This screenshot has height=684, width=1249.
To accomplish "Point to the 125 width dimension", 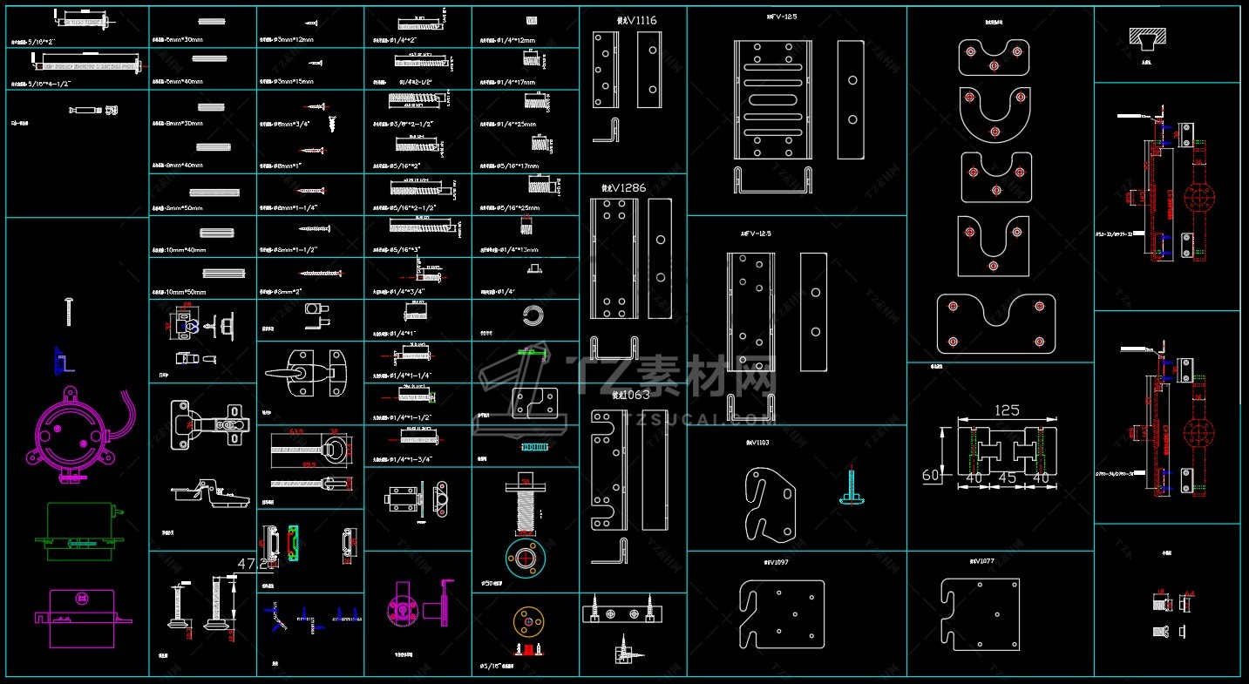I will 1007,410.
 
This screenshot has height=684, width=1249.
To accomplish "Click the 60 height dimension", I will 932,475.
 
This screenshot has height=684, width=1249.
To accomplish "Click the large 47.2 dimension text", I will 253,565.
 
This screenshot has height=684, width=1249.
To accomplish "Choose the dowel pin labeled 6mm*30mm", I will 211,21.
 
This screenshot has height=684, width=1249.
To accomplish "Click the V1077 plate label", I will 981,562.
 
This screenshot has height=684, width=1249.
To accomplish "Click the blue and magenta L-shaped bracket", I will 63,358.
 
